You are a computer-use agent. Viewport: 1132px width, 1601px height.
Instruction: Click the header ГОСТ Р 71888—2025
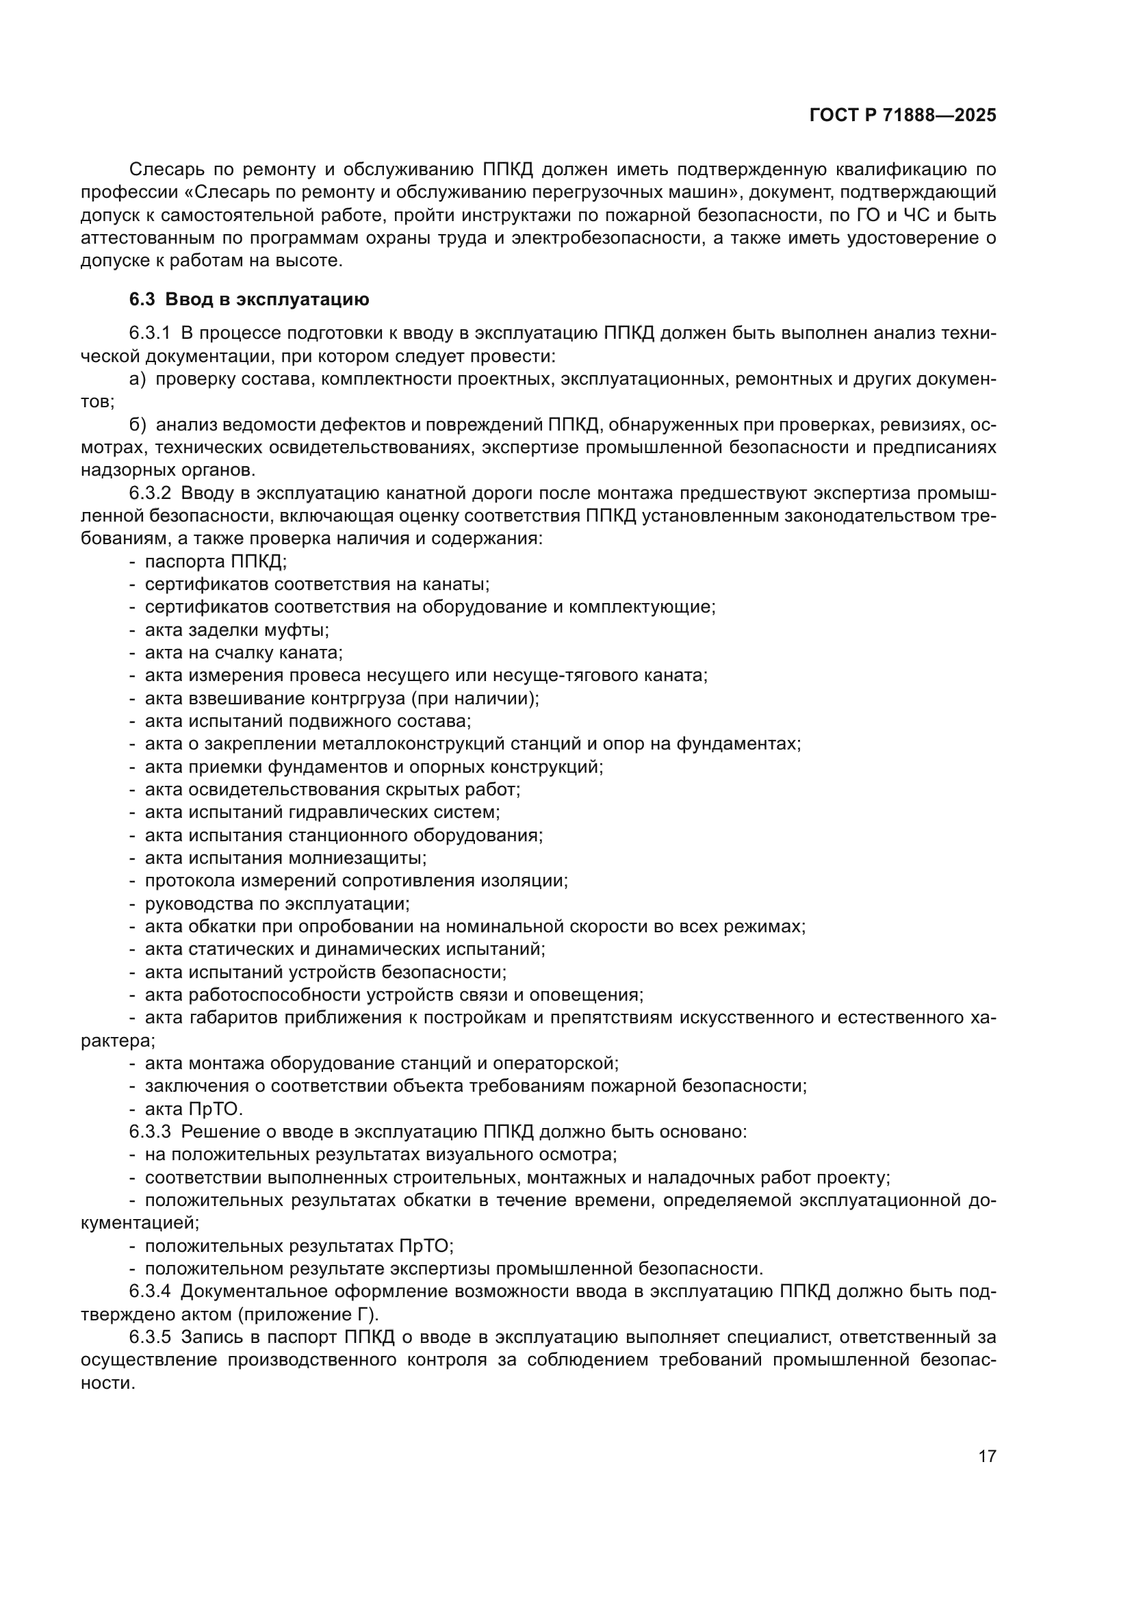point(903,116)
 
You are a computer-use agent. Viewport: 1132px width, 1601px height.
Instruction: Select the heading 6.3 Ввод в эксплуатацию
point(249,300)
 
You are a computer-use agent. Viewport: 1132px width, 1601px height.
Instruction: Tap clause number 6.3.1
point(149,333)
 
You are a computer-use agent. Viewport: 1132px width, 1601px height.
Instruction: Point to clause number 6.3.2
point(149,494)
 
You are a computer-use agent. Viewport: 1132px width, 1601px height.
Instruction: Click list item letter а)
point(138,379)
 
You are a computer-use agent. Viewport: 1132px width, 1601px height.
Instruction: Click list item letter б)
point(138,424)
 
